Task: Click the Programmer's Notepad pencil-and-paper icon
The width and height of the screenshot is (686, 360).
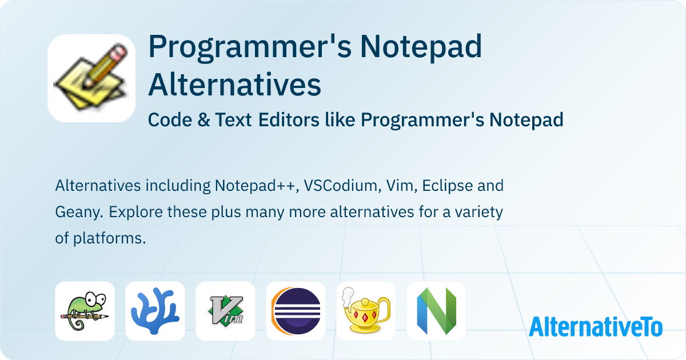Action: point(91,78)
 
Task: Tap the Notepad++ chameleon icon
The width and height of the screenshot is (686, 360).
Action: point(85,311)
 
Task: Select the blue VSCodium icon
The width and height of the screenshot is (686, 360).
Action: point(155,311)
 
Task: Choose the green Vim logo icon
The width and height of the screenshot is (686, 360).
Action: point(225,311)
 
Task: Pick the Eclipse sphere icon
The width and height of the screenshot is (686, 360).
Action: point(296,311)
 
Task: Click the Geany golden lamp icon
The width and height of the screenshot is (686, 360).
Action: point(366,311)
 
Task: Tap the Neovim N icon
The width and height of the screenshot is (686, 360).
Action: point(436,311)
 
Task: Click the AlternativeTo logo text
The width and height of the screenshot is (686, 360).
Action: point(595,326)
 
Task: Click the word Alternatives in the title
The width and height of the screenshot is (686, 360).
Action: point(234,85)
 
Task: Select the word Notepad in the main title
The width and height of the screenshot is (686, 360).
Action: point(420,48)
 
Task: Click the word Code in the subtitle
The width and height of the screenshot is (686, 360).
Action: point(166,120)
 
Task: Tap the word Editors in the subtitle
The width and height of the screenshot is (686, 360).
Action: point(289,120)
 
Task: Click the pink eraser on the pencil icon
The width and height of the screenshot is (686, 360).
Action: point(118,54)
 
